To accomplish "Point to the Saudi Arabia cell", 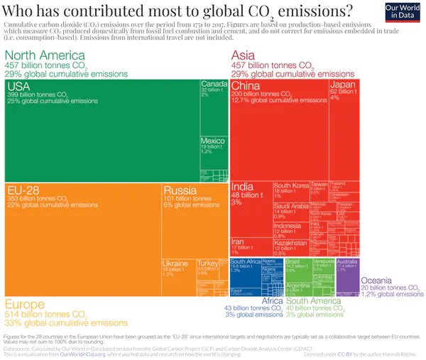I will (290, 211).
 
